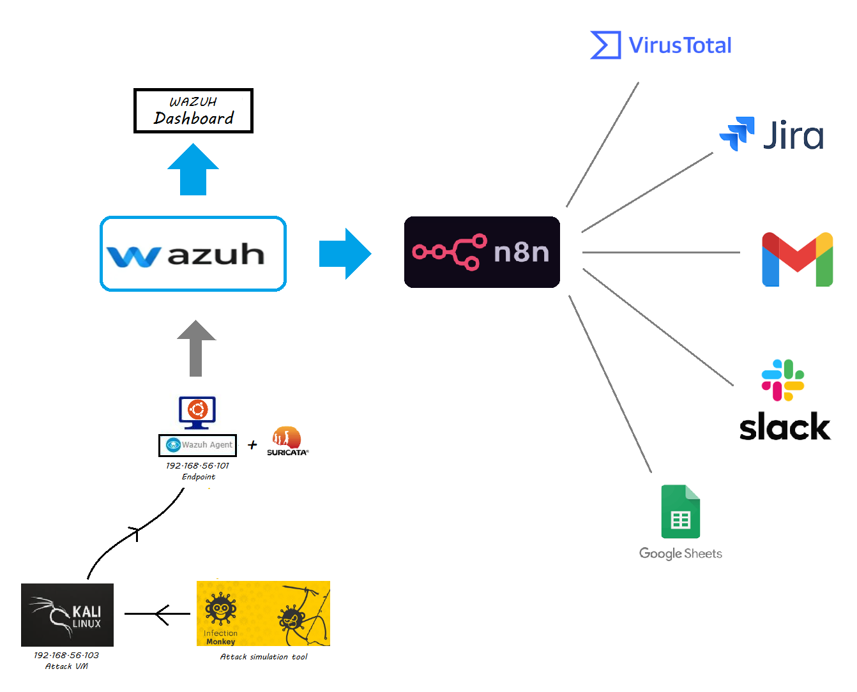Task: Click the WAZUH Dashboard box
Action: [x=193, y=111]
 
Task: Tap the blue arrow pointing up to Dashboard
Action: [x=193, y=170]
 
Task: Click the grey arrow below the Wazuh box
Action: [x=196, y=349]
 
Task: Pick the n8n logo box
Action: [x=482, y=252]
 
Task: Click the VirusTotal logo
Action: [x=661, y=45]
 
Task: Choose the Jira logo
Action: [x=771, y=134]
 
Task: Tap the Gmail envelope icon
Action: [x=797, y=259]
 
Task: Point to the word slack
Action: [x=785, y=426]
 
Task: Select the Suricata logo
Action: [x=287, y=441]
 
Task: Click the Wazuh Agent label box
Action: [x=197, y=445]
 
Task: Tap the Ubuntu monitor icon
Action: [x=197, y=412]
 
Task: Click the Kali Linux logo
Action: [x=67, y=615]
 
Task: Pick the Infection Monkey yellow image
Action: [x=263, y=613]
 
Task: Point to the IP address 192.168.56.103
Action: [x=66, y=655]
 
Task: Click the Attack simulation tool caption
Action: [x=264, y=656]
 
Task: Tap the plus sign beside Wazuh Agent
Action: [x=252, y=445]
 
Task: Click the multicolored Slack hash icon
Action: [x=782, y=380]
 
